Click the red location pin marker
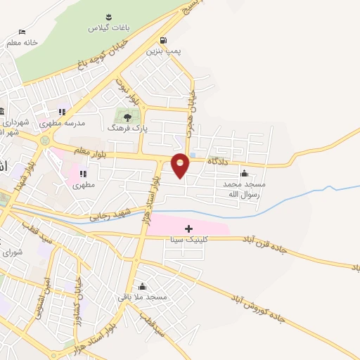[180, 165]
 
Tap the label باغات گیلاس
[103, 28]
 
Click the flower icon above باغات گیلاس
[109, 17]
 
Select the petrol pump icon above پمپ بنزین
[164, 40]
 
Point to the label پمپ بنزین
[160, 51]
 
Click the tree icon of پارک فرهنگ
[127, 117]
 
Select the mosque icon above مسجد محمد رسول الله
[245, 173]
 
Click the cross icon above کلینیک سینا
[188, 228]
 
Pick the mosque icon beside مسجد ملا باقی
[143, 286]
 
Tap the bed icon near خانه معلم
[22, 32]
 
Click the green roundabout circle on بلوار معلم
[46, 140]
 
